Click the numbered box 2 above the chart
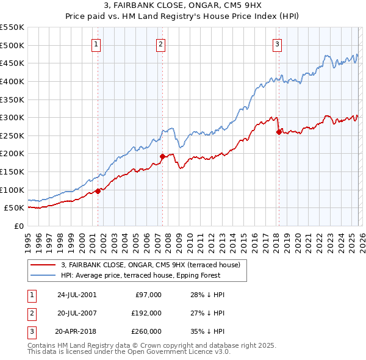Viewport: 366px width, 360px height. tap(160, 44)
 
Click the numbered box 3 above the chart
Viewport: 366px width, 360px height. tap(277, 44)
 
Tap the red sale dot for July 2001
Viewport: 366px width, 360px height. tap(98, 191)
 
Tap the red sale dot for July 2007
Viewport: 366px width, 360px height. tap(162, 156)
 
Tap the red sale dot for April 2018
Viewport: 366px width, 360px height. tap(279, 132)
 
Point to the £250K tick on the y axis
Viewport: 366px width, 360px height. tap(12, 135)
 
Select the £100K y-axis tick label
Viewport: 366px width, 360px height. tap(12, 190)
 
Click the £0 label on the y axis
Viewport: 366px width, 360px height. tap(18, 226)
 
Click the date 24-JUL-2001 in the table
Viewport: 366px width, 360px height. tap(77, 295)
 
